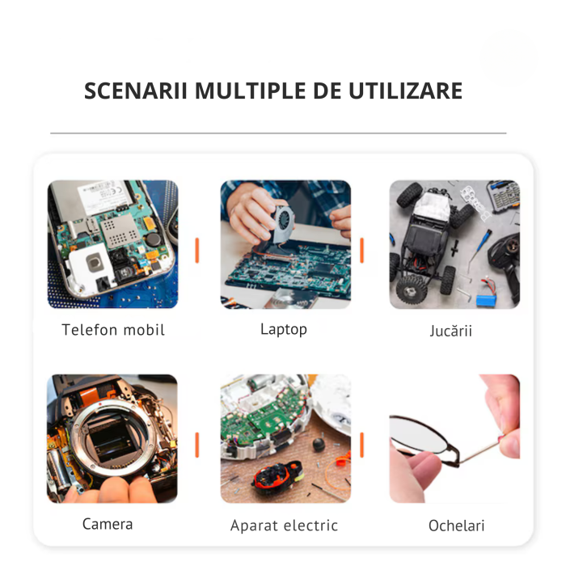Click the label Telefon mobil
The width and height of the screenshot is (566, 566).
(x=113, y=330)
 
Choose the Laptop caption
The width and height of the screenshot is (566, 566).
(x=284, y=329)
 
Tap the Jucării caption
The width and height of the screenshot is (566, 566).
(x=451, y=331)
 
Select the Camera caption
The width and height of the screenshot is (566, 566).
(x=108, y=524)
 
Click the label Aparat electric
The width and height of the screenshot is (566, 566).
(x=283, y=526)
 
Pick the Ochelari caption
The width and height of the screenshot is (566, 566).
(x=456, y=526)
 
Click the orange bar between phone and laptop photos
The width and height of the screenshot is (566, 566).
(x=196, y=250)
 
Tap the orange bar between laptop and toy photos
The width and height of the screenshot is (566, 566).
(x=361, y=250)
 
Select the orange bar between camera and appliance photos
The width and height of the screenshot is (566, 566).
(x=196, y=444)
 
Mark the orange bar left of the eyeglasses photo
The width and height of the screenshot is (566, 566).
(x=361, y=444)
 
